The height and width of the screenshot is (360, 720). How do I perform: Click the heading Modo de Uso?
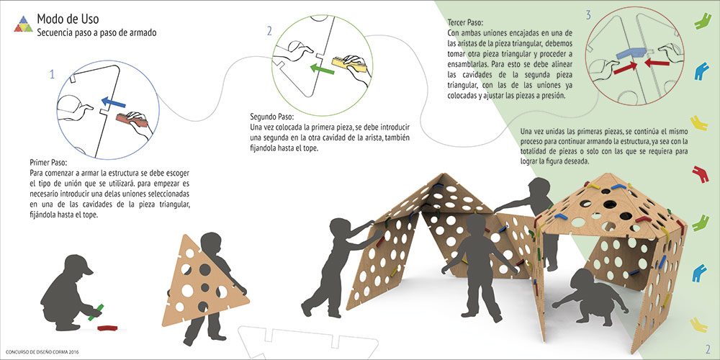(x=68, y=19)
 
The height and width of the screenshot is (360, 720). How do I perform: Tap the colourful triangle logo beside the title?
(x=24, y=24)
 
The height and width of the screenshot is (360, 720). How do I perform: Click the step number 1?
(x=52, y=74)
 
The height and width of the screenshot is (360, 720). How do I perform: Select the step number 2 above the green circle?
(x=269, y=31)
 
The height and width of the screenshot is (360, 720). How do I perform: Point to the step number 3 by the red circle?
(x=588, y=16)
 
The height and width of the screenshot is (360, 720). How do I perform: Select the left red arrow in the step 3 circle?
(x=626, y=68)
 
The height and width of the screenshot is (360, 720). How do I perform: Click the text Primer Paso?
(x=48, y=163)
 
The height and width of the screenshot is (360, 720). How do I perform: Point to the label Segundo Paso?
(x=272, y=116)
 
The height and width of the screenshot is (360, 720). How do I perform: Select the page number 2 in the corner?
(x=707, y=348)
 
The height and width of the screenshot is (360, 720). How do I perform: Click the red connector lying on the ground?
(x=107, y=328)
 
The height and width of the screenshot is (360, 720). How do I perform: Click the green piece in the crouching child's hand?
(x=96, y=312)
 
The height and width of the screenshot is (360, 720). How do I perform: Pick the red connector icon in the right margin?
(x=701, y=174)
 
